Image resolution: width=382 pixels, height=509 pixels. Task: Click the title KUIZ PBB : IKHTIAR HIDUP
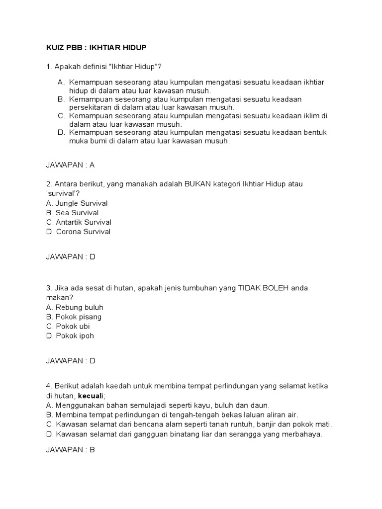coord(96,47)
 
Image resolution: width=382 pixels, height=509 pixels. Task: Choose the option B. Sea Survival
coord(72,213)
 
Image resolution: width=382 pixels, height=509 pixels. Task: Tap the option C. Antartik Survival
coord(79,222)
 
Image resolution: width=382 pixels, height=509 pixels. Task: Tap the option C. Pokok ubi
coord(68,326)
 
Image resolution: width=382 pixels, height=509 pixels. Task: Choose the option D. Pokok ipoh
coord(70,336)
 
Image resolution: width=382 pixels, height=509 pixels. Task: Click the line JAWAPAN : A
coord(70,165)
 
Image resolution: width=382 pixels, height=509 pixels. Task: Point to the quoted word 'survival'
coord(62,194)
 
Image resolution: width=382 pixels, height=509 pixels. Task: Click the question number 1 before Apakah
coord(48,67)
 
